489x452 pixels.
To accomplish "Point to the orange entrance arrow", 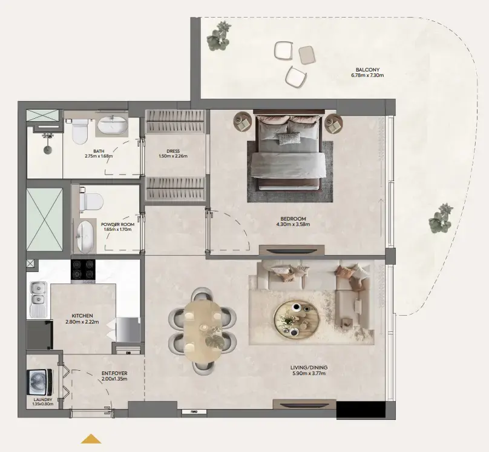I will pyautogui.click(x=91, y=438).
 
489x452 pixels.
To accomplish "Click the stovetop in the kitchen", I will pyautogui.click(x=84, y=270).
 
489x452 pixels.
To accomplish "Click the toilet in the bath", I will pyautogui.click(x=80, y=131).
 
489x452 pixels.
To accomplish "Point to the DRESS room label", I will pyautogui.click(x=174, y=151).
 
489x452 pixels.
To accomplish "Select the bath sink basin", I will pyautogui.click(x=113, y=126).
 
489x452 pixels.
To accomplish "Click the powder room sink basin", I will pyautogui.click(x=84, y=235).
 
